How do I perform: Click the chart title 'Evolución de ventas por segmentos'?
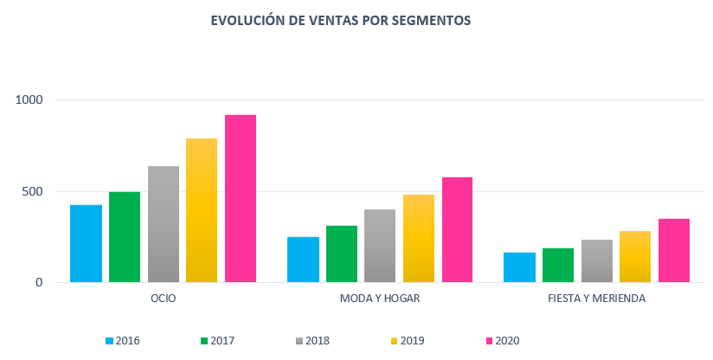(341, 20)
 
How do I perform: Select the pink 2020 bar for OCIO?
(241, 198)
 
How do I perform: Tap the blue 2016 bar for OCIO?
(86, 243)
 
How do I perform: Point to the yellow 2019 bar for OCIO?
(202, 210)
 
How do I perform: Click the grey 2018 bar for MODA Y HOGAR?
(380, 246)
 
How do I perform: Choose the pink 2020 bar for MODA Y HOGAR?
(457, 229)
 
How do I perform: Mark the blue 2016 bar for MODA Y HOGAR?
(303, 260)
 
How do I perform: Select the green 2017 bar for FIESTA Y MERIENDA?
(558, 265)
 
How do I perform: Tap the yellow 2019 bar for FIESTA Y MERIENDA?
(635, 256)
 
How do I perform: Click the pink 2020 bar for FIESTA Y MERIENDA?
(674, 250)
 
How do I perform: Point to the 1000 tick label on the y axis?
(29, 100)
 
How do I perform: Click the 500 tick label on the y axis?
(32, 191)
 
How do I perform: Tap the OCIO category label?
(163, 299)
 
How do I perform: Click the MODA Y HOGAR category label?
(380, 299)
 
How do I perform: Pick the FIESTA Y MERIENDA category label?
(596, 299)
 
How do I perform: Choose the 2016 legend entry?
(122, 341)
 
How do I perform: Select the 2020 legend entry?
(501, 341)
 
